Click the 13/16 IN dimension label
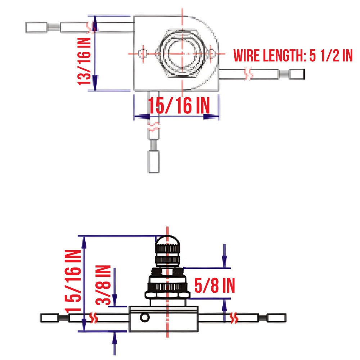(x=84, y=62)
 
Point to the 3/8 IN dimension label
(x=104, y=285)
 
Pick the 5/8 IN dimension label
(x=215, y=285)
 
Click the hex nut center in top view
(x=183, y=53)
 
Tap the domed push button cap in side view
(x=167, y=240)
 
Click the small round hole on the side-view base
(x=145, y=318)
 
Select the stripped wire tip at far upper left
(x=36, y=27)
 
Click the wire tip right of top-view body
(x=297, y=75)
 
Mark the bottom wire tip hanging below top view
(x=154, y=162)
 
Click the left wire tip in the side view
(x=50, y=318)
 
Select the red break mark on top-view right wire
(x=248, y=74)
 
